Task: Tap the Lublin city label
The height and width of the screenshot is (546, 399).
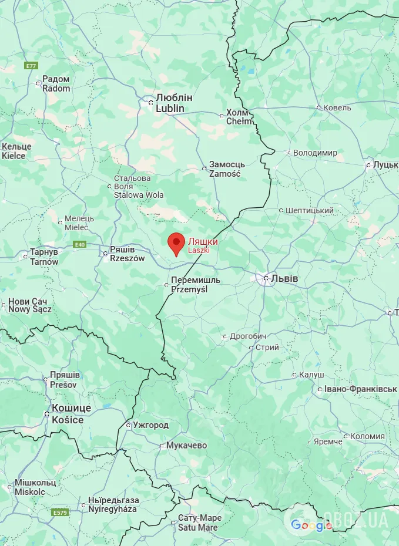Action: pyautogui.click(x=170, y=103)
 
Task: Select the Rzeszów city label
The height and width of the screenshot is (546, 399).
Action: pyautogui.click(x=127, y=254)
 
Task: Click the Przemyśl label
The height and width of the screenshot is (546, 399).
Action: pyautogui.click(x=195, y=285)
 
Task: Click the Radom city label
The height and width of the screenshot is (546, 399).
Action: pyautogui.click(x=56, y=84)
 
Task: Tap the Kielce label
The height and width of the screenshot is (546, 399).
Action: pyautogui.click(x=14, y=151)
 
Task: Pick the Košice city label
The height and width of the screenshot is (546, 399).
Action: pyautogui.click(x=68, y=414)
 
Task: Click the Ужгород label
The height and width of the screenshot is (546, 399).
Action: pyautogui.click(x=150, y=425)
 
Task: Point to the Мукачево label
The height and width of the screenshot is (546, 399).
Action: pyautogui.click(x=186, y=446)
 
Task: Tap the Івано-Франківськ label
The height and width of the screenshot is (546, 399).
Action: pyautogui.click(x=357, y=389)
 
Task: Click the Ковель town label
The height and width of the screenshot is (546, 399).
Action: pyautogui.click(x=337, y=107)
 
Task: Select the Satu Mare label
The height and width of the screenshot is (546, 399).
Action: pyautogui.click(x=200, y=523)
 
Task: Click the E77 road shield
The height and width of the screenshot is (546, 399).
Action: pyautogui.click(x=32, y=66)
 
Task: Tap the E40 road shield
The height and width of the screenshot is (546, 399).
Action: pyautogui.click(x=79, y=244)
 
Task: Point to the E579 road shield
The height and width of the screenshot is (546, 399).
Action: pyautogui.click(x=59, y=513)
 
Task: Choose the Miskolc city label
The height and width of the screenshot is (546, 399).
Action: pyautogui.click(x=35, y=486)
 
